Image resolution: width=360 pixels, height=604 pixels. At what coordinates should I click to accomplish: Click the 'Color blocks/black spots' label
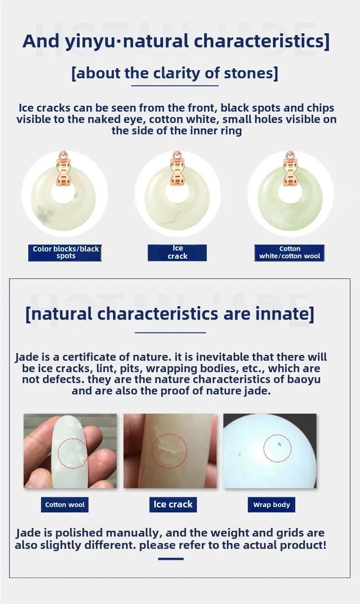coord(65,253)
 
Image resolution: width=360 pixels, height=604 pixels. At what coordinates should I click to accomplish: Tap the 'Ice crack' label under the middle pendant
coord(177,253)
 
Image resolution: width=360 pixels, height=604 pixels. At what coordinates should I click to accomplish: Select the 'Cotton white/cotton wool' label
coord(289,253)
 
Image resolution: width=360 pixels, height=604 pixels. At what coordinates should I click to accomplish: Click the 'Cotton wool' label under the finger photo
coord(65,505)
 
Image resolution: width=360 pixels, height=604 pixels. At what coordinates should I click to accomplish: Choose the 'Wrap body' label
coord(272,505)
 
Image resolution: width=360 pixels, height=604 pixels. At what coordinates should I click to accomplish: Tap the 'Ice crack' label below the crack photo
coord(173,505)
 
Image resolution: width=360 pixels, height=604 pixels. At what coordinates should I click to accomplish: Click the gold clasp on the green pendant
coord(290,169)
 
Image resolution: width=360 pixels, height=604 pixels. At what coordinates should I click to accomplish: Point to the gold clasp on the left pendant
coord(64,169)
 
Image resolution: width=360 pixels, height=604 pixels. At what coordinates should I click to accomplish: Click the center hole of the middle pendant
coord(177,194)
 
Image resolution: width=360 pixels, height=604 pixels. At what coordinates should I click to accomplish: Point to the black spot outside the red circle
coord(239,455)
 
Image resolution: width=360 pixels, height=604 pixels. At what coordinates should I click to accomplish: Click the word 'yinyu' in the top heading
coord(90,41)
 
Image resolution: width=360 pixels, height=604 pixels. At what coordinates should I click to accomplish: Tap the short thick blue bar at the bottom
coord(171,559)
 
